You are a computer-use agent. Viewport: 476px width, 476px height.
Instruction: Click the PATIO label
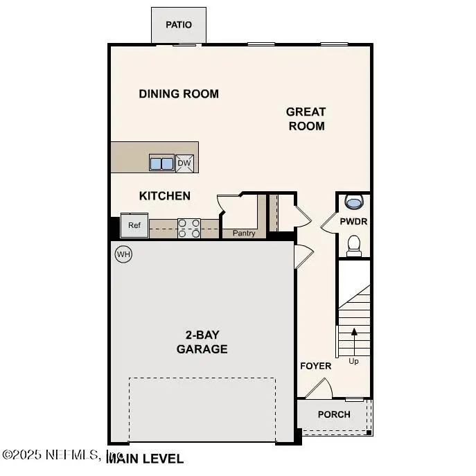point(178,25)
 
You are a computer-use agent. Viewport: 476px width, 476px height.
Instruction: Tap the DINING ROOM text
point(179,94)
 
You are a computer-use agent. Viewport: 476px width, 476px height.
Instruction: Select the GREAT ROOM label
point(306,118)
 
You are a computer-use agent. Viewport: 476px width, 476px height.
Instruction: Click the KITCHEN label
point(165,196)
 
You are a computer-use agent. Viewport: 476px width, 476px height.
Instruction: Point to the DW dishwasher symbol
point(184,164)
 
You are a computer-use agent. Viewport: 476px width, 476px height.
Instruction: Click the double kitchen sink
point(161,164)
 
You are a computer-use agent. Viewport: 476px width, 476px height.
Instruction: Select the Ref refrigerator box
point(134,225)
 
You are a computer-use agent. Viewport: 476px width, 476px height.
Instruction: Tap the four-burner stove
point(189,228)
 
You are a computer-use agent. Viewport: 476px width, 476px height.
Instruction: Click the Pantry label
point(244,233)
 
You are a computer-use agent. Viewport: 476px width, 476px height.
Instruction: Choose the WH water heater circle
point(123,254)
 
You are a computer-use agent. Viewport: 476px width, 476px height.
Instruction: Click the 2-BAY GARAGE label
point(202,342)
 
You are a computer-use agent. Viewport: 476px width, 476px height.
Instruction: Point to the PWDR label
point(353,222)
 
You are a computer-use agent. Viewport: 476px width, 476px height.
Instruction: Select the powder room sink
point(354,202)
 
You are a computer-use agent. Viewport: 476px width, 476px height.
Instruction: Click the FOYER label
point(315,366)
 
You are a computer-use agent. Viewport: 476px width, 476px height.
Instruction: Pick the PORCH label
point(334,414)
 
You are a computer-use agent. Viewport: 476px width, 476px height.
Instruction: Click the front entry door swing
point(319,389)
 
